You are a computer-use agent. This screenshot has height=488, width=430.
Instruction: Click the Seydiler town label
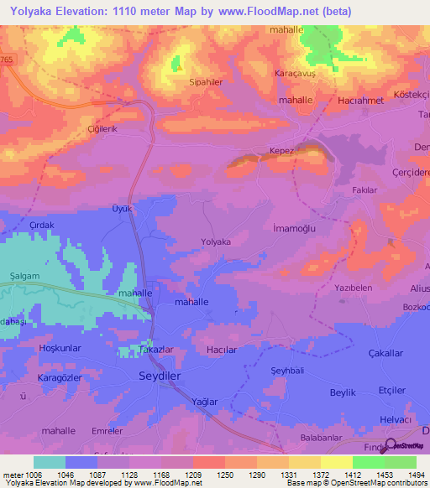[x=159, y=377]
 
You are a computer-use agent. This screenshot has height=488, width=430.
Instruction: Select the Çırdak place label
[x=42, y=226]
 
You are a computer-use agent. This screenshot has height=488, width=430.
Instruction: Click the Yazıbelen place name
[x=354, y=287]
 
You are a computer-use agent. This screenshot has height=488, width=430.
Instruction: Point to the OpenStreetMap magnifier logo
[x=390, y=446]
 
